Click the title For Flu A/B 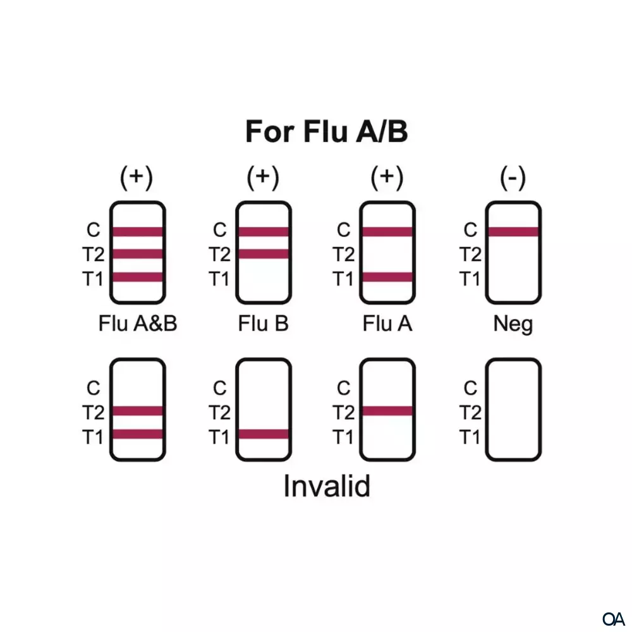326,131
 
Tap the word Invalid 326,486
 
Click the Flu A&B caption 138,324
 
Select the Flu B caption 263,324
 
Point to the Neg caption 513,324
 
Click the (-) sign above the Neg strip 513,178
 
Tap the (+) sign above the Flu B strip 263,178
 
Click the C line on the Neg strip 513,231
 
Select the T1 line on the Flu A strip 387,277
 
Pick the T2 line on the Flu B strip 264,254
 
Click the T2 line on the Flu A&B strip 138,254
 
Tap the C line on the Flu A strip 387,231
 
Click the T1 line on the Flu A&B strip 138,277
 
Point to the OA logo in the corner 614,617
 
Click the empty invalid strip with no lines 513,410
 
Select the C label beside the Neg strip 470,231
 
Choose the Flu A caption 387,324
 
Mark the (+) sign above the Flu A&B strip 137,178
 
